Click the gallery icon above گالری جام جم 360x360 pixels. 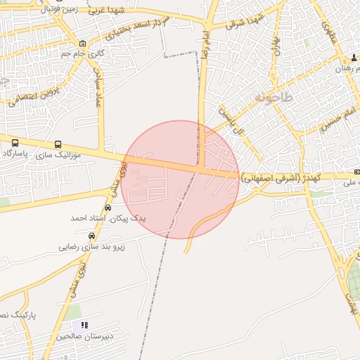pos(83,43)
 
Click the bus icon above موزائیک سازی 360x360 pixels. pos(57,143)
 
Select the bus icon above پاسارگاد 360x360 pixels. pos(15,143)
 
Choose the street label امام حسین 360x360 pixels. pos(338,120)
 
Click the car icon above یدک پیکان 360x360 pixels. pos(108,208)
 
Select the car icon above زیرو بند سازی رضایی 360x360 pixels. pos(91,236)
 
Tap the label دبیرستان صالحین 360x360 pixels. pos(85,337)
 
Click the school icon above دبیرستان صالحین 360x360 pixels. pos(85,326)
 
